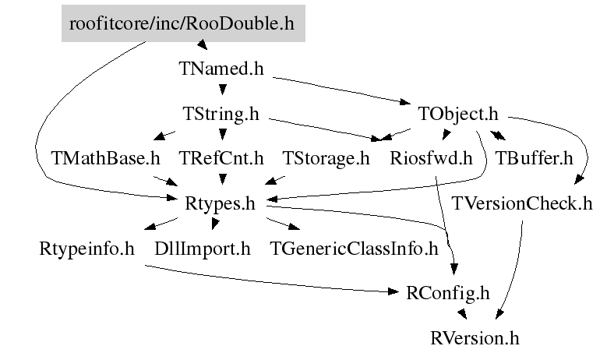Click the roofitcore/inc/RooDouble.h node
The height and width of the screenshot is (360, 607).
coord(182,23)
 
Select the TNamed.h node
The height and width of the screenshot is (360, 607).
coord(221,69)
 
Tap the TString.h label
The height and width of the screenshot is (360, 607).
coord(221,114)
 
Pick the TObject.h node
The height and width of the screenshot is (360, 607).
coord(457,114)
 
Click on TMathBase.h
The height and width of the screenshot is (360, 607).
coord(105,159)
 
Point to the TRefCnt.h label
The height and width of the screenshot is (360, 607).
coord(221,159)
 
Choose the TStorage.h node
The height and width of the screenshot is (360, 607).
coord(326,159)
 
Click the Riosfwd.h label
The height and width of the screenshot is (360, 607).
coord(431,159)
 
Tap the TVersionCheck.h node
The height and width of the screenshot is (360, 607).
coord(521,204)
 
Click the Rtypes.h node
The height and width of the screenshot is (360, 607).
coord(221,204)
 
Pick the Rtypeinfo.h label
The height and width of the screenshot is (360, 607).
coord(86,249)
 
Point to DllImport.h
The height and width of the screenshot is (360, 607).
coord(203,249)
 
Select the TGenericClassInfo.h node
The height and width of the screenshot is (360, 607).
coord(354,249)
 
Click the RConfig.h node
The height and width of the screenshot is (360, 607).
coord(450,293)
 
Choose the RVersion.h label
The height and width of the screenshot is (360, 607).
coord(474,338)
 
